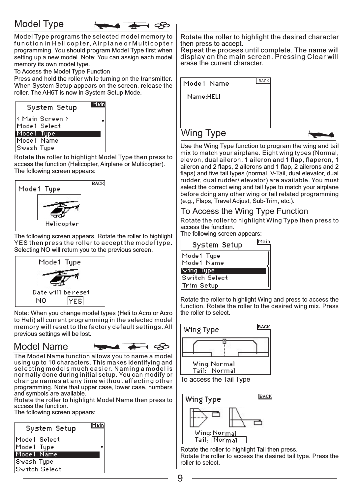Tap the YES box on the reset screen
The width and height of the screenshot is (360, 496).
click(x=75, y=301)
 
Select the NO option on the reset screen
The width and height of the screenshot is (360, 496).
click(x=41, y=301)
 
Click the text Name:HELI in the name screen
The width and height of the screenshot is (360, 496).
click(x=204, y=97)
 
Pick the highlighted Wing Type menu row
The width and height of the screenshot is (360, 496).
click(x=223, y=271)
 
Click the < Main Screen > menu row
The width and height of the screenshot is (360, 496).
click(x=43, y=119)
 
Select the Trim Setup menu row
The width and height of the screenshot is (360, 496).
click(x=200, y=285)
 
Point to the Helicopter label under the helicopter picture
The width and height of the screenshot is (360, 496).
click(x=62, y=224)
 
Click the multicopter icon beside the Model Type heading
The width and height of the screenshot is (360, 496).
click(x=162, y=25)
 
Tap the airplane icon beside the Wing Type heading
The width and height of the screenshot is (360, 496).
click(x=321, y=134)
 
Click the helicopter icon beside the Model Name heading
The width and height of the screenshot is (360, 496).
click(x=138, y=346)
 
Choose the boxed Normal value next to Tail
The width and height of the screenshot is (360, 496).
click(x=229, y=440)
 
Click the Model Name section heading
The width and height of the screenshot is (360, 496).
click(x=41, y=346)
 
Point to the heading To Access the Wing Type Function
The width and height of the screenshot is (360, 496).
click(x=244, y=211)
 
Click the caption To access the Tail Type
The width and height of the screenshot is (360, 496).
click(x=215, y=379)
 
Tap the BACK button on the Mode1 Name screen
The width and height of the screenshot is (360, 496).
click(x=263, y=81)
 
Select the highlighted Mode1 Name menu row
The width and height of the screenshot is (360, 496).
click(x=57, y=454)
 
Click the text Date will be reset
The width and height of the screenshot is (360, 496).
click(x=61, y=292)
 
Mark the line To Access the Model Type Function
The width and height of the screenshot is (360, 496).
click(x=62, y=72)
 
